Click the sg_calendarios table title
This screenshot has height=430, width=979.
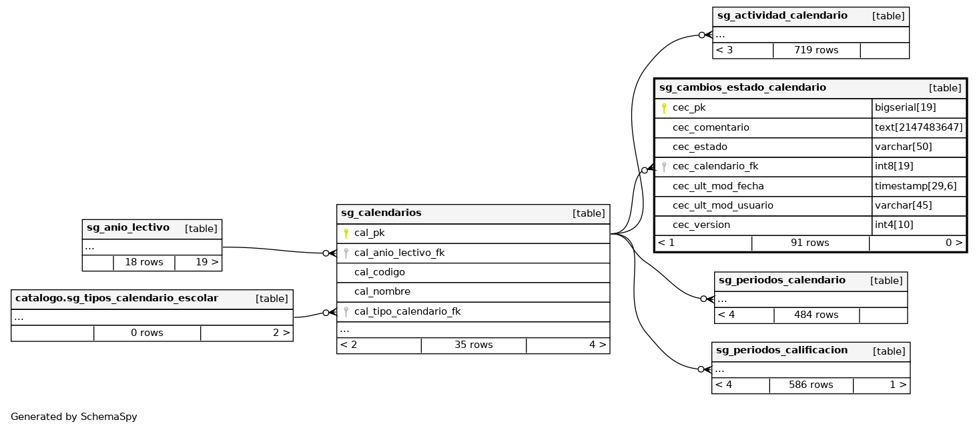coord(381,213)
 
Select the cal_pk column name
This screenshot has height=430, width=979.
coord(369,233)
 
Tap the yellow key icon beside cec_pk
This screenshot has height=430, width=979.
coord(663,108)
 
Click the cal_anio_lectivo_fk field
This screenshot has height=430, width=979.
coord(399,253)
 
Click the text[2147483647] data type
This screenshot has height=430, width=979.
coord(918,127)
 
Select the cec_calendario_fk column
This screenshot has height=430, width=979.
coord(715,167)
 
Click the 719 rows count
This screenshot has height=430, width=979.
coord(816,50)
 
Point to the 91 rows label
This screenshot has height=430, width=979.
coord(809,243)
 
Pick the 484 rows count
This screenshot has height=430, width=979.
coord(816,315)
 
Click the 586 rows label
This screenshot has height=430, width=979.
coord(811,385)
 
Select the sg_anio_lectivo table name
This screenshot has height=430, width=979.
coord(128,228)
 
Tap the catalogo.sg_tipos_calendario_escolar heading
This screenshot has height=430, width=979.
coord(117,299)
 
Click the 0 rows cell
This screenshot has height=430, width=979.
coord(147,333)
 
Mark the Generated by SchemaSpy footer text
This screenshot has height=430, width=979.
coord(74,417)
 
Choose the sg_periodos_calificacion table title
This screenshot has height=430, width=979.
coord(781,351)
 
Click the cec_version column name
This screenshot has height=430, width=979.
coord(701,225)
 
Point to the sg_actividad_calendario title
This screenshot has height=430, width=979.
coord(781,16)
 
